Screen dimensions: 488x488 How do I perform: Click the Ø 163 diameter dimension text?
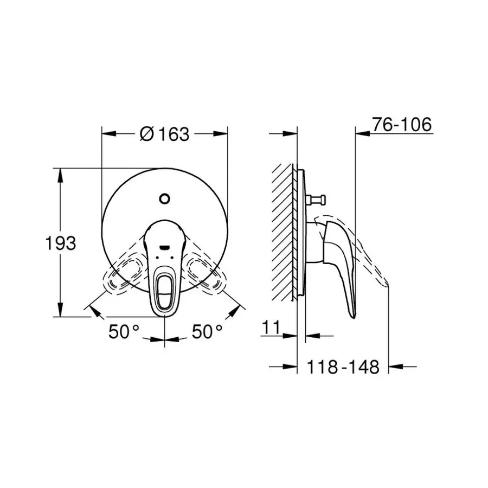click(164, 134)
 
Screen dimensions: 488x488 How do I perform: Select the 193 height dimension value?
click(60, 243)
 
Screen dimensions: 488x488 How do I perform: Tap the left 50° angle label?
click(124, 331)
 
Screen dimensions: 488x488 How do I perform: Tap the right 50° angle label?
click(207, 331)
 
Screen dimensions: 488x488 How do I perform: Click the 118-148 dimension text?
click(343, 367)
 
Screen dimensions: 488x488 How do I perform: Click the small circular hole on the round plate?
click(164, 198)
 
